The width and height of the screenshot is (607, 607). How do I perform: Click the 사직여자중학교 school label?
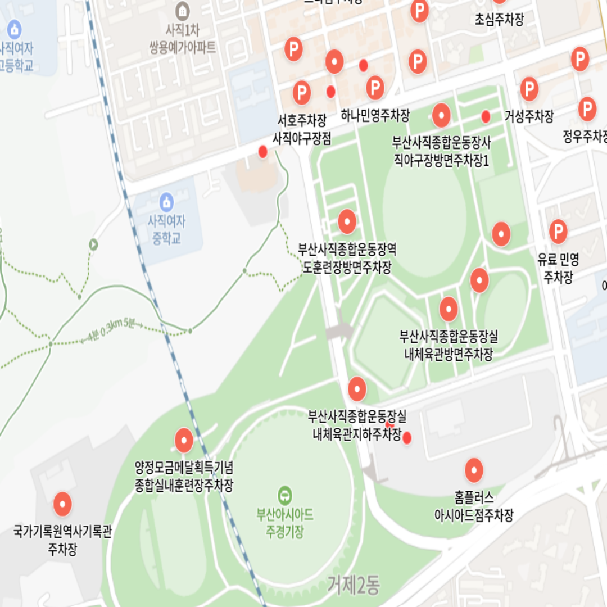(x=166, y=230)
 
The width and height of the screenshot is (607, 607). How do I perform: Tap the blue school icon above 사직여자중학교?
(x=166, y=201)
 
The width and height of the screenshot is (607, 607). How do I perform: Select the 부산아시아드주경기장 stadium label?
(x=285, y=523)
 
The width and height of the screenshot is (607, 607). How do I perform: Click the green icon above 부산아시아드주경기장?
(x=286, y=495)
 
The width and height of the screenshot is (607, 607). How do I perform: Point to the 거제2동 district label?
(x=354, y=586)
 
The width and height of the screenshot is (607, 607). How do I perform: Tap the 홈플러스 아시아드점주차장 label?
(x=474, y=506)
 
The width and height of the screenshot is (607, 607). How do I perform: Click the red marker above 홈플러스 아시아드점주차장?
(x=474, y=470)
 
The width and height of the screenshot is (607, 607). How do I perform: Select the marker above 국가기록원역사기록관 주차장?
(x=62, y=504)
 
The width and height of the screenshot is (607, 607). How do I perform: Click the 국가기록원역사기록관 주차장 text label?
(x=62, y=540)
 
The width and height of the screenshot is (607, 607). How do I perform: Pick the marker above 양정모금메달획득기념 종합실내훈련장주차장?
(x=184, y=441)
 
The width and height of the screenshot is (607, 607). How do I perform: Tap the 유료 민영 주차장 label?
(x=558, y=268)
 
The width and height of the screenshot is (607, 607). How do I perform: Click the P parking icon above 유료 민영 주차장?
(x=558, y=231)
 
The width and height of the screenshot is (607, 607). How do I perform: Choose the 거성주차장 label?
(x=529, y=116)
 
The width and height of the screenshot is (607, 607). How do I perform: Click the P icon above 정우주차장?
(x=587, y=109)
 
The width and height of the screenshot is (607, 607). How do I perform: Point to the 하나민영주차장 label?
(x=375, y=116)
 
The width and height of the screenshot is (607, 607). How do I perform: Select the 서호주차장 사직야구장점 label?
(x=302, y=129)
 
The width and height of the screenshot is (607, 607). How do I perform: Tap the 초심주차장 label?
(x=499, y=20)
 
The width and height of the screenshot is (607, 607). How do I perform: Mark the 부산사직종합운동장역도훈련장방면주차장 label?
(x=347, y=258)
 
